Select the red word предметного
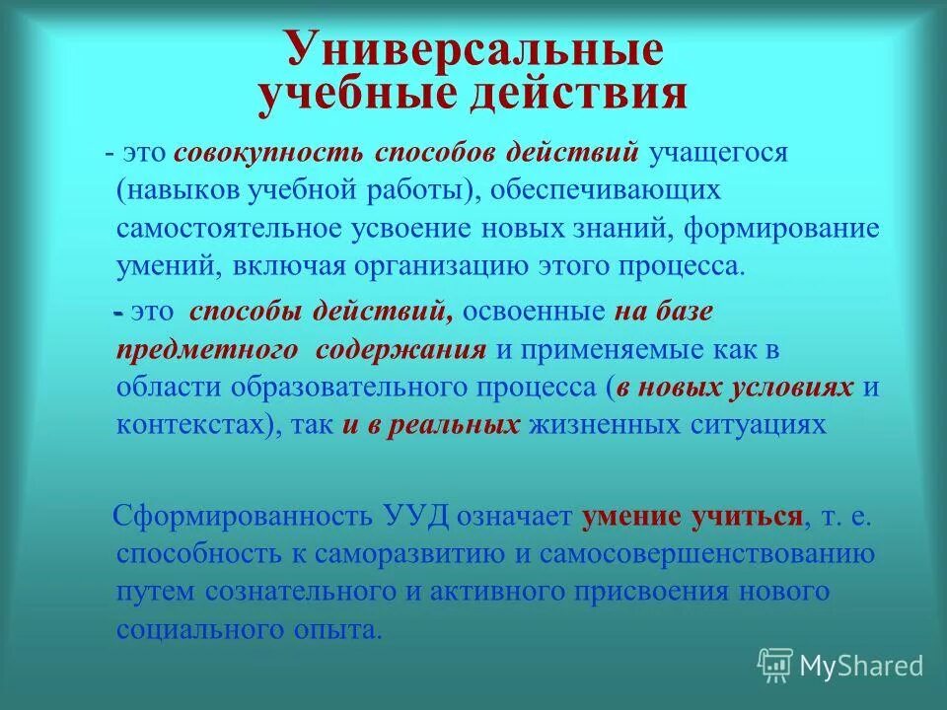point(208,350)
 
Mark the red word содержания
point(401,350)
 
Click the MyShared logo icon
point(775,666)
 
